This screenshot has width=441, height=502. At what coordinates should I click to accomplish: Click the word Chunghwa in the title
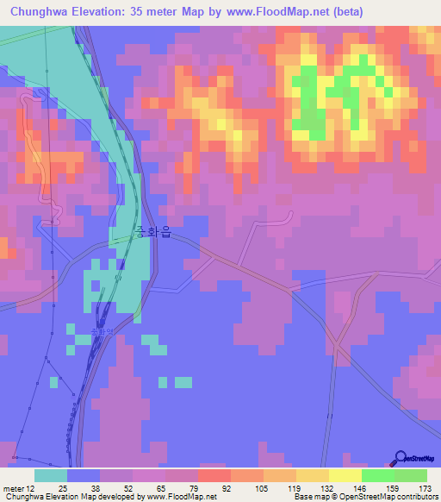[41, 12]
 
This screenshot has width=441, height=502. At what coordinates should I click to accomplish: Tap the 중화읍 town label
[152, 232]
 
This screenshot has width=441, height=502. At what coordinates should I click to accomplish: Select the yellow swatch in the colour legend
[344, 476]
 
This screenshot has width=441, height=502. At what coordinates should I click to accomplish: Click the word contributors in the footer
[412, 496]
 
